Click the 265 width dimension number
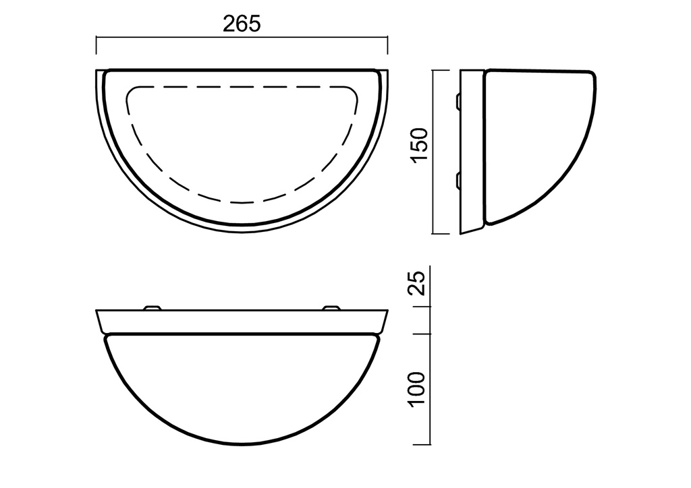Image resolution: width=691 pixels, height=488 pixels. click(x=242, y=24)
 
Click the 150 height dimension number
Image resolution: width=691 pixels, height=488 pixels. click(x=420, y=145)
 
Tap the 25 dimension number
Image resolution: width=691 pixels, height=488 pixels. click(x=417, y=282)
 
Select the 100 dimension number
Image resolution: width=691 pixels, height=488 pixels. click(x=417, y=390)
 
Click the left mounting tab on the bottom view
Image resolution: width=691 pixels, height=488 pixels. click(x=153, y=307)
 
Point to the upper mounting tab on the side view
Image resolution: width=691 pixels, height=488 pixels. click(x=458, y=101)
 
